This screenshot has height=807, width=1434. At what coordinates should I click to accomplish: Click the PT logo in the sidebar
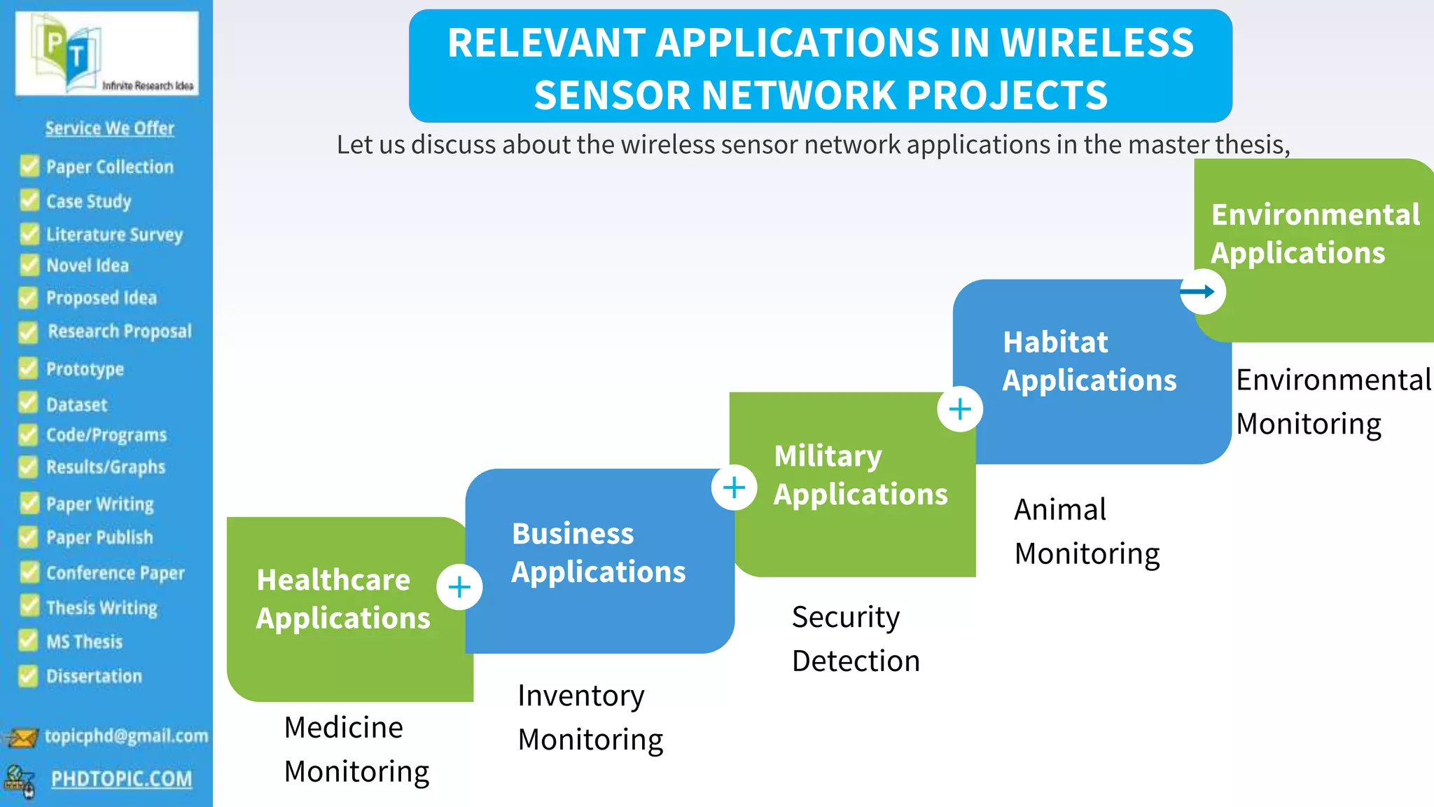click(x=106, y=54)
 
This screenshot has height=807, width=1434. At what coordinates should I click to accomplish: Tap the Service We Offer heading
click(x=110, y=128)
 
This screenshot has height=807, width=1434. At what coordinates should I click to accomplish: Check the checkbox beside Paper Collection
click(x=29, y=166)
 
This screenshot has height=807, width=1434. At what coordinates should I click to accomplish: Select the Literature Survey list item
click(x=114, y=234)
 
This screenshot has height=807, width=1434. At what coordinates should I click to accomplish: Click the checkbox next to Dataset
click(x=28, y=403)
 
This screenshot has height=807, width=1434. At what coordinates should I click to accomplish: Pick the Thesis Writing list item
click(x=102, y=607)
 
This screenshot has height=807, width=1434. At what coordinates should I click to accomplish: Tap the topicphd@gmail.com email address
click(x=126, y=736)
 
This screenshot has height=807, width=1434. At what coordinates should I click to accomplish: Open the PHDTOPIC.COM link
click(x=121, y=778)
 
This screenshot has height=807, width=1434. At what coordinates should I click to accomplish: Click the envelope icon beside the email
click(x=21, y=738)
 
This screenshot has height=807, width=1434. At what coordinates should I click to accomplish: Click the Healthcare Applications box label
click(x=342, y=599)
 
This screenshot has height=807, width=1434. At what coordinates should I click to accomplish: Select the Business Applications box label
click(x=598, y=553)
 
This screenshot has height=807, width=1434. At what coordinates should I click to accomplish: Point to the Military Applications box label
click(x=860, y=475)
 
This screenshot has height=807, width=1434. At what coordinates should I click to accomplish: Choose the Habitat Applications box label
click(x=1089, y=361)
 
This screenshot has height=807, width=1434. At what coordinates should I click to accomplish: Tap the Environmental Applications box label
click(x=1315, y=233)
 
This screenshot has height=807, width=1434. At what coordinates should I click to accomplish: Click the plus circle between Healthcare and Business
click(x=459, y=587)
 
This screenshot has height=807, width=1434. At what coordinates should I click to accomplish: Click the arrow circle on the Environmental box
click(x=1202, y=291)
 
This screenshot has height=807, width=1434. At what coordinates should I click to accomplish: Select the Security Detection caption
click(x=855, y=639)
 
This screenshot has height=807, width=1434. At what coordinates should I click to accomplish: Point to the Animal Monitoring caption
click(x=1086, y=531)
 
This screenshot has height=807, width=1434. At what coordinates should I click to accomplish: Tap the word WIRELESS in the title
click(x=1097, y=42)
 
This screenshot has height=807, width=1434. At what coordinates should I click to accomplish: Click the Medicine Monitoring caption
click(x=356, y=749)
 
